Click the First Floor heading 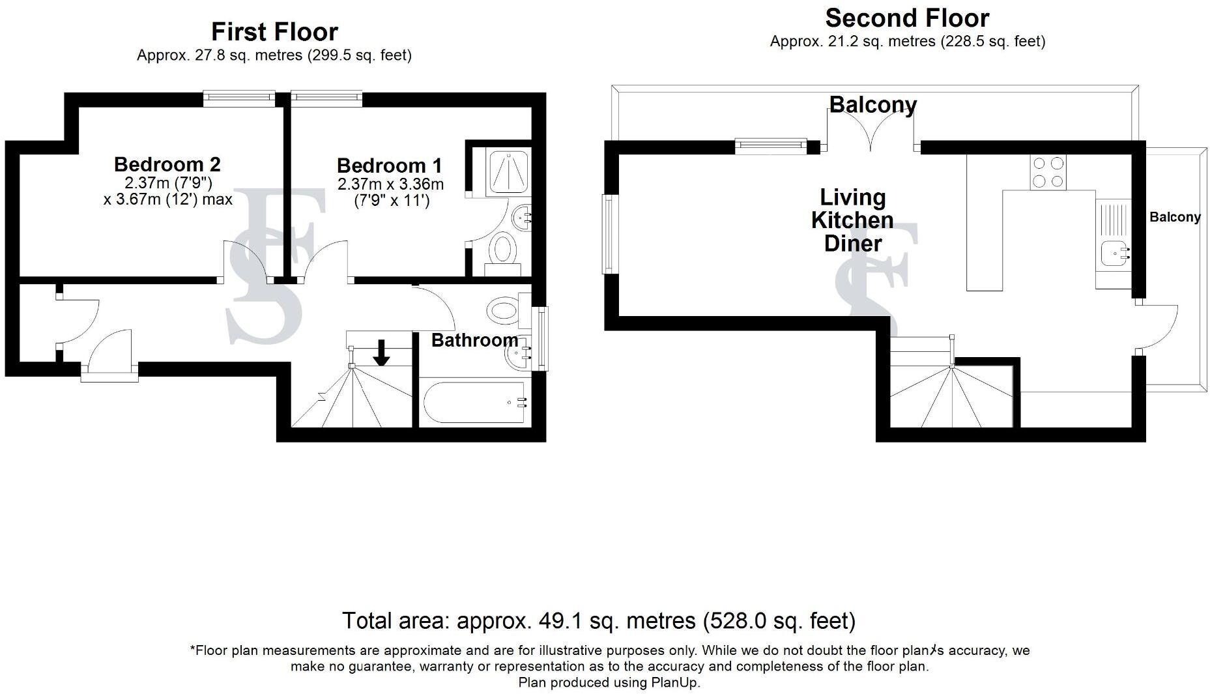274,32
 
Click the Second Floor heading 906,18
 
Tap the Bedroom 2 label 167,164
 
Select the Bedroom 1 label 389,166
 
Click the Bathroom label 474,340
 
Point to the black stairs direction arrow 382,353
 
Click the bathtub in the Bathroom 474,403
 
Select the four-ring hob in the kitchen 1048,172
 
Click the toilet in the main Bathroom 506,310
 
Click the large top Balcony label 872,104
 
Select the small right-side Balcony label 1174,217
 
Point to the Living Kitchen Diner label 852,220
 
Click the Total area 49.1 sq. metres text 598,620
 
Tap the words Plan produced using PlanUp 609,682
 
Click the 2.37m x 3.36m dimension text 390,184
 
